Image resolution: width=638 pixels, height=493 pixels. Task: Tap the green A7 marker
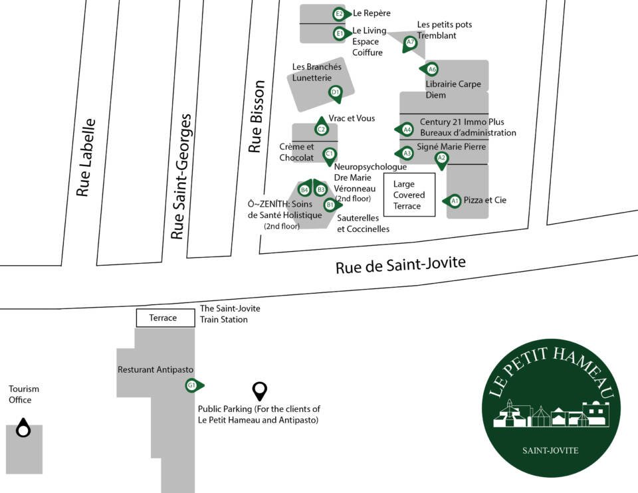[x=410, y=43]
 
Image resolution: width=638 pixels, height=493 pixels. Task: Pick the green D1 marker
[x=336, y=94]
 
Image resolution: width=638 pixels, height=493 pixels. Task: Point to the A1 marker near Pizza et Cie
[x=453, y=201]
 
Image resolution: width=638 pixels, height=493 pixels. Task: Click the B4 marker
[x=305, y=189]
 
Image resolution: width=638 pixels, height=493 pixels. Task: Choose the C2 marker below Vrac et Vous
[x=322, y=127]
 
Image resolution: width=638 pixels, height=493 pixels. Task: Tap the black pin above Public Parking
[x=260, y=391]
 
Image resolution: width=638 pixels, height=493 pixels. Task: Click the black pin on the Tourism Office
[x=23, y=428]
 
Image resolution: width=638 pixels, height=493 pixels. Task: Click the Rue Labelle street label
[x=86, y=157]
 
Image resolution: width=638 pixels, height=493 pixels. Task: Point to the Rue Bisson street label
[x=257, y=116]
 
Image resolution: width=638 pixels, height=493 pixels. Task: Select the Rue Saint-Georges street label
[x=181, y=176]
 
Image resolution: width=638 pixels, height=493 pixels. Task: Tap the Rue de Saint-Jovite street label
[x=400, y=265]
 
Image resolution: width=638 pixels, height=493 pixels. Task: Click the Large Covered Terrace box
[x=410, y=195]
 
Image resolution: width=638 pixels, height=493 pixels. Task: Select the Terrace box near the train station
[x=165, y=318]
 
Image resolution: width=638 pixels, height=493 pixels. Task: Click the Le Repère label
[x=372, y=13]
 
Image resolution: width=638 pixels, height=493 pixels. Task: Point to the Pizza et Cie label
[x=485, y=200]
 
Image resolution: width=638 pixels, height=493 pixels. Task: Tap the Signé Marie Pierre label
[x=451, y=147]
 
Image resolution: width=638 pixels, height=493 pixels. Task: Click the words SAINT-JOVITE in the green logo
[x=550, y=450]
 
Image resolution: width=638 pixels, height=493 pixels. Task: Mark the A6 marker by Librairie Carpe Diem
[x=430, y=70]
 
